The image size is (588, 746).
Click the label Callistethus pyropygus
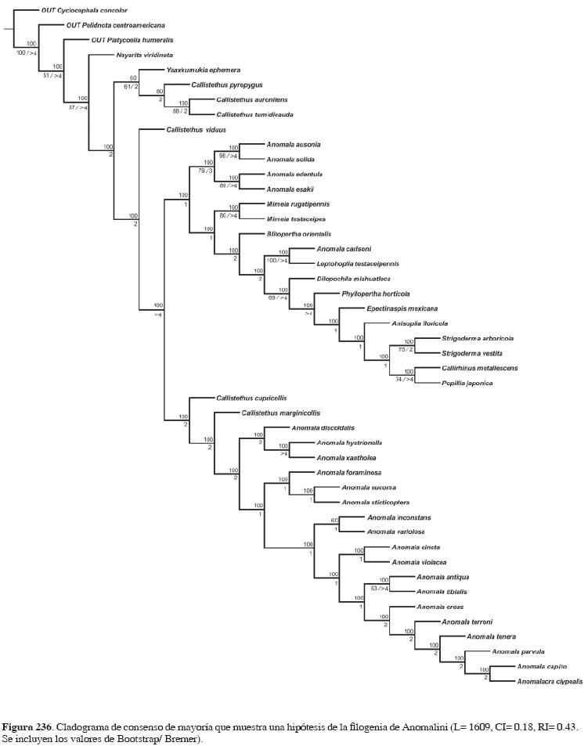pyautogui.click(x=226, y=85)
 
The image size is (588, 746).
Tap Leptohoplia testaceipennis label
pyautogui.click(x=357, y=264)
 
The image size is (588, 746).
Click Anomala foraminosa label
pyautogui.click(x=348, y=472)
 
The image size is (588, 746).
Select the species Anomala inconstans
pyautogui.click(x=399, y=517)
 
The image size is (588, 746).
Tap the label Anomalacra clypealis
pyautogui.click(x=549, y=681)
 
